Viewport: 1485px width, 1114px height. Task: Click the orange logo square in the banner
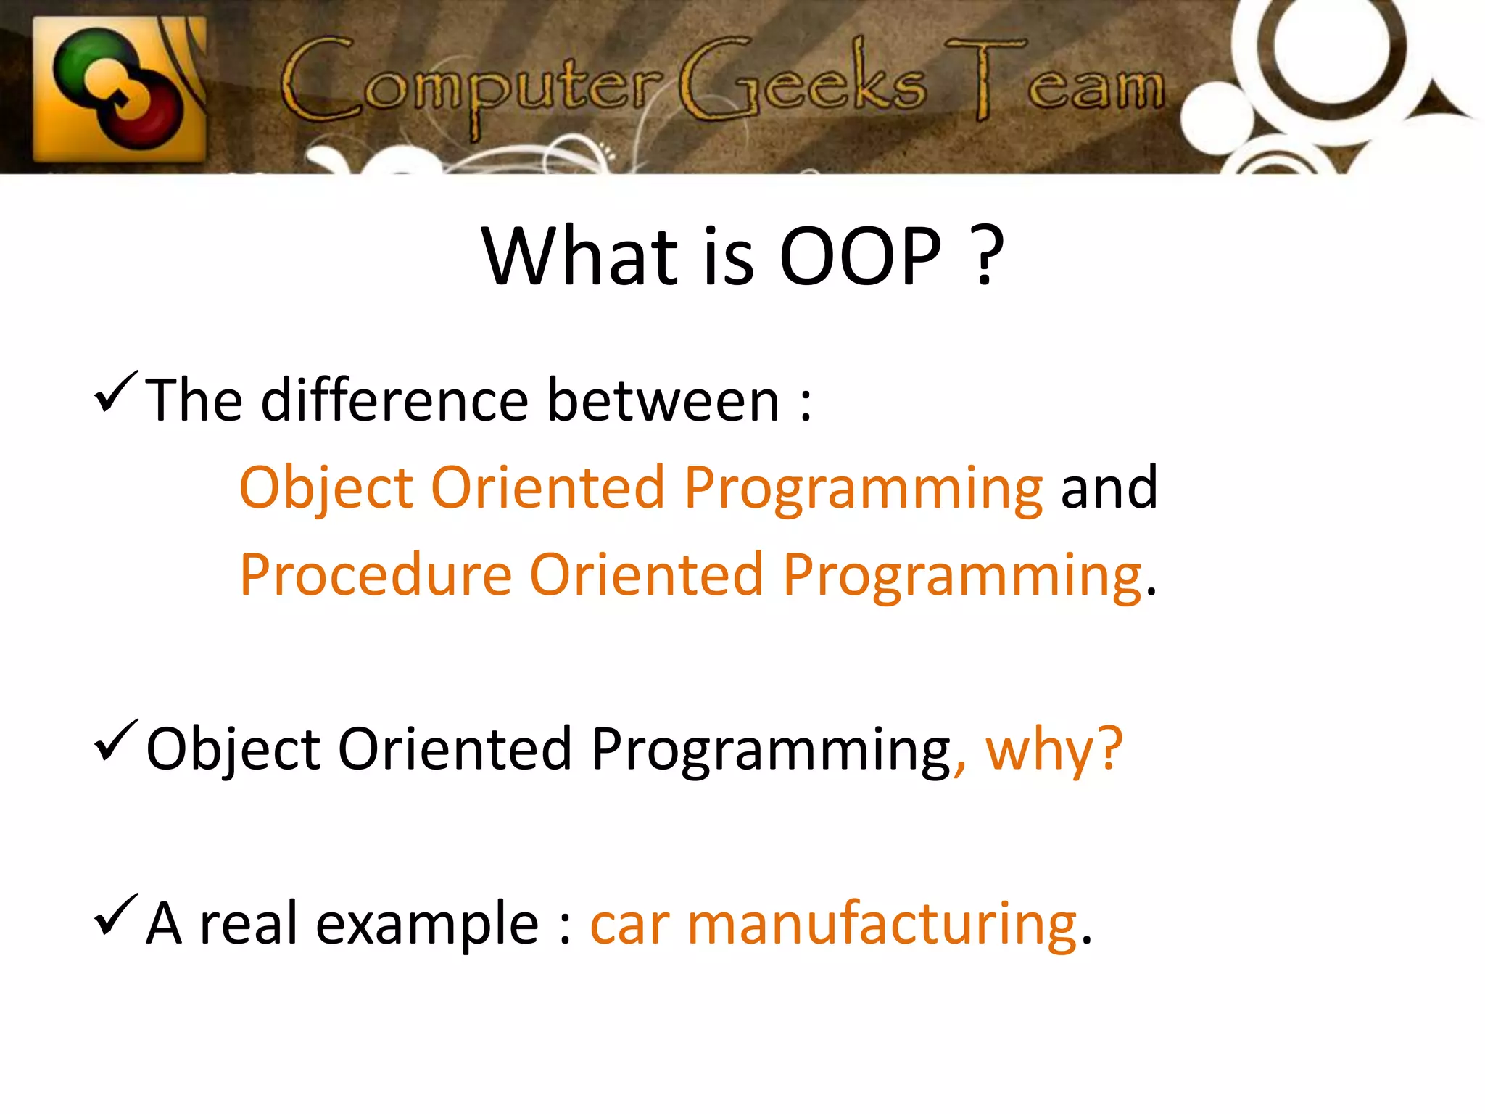pyautogui.click(x=120, y=88)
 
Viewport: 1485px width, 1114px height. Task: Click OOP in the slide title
pyautogui.click(x=860, y=257)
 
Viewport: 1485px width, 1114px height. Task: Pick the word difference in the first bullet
pyautogui.click(x=394, y=400)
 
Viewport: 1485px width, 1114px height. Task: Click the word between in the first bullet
pyautogui.click(x=663, y=400)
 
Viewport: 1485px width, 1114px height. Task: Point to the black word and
pyautogui.click(x=1109, y=487)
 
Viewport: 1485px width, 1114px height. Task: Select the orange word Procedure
pyautogui.click(x=376, y=575)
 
